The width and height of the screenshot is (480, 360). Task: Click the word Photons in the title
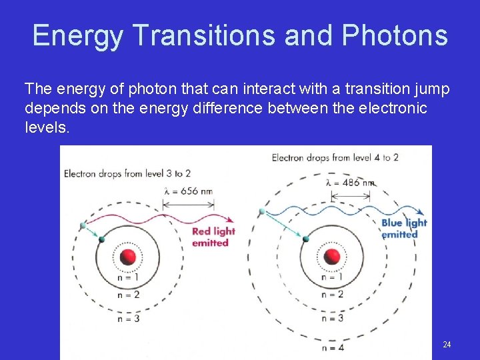pos(395,35)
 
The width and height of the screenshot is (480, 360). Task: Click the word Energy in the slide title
pos(77,36)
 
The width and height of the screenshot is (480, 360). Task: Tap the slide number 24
pos(447,345)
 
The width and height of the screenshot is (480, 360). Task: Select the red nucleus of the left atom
pos(129,257)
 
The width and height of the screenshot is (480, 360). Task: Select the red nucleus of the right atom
pos(331,257)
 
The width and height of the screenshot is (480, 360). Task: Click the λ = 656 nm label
pos(188,191)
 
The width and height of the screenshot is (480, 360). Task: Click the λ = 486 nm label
pos(351,182)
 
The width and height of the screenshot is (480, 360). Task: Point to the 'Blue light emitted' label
pos(403,229)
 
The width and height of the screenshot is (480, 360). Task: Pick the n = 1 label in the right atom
pos(332,277)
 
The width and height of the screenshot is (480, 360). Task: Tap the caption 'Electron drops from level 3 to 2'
pos(127,174)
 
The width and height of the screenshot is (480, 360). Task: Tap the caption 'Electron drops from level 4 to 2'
pos(335,158)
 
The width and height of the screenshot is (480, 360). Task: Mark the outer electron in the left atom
pos(83,225)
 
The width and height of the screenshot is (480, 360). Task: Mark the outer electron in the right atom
pos(262,211)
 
